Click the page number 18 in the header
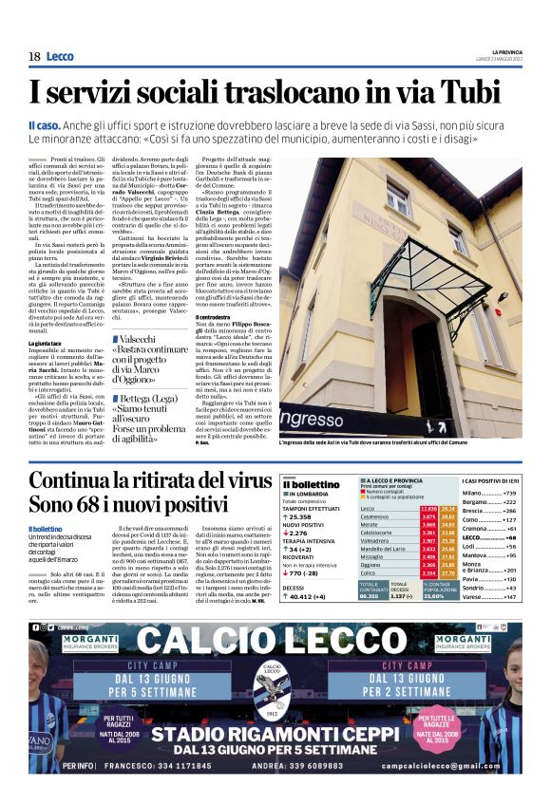point(34,56)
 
